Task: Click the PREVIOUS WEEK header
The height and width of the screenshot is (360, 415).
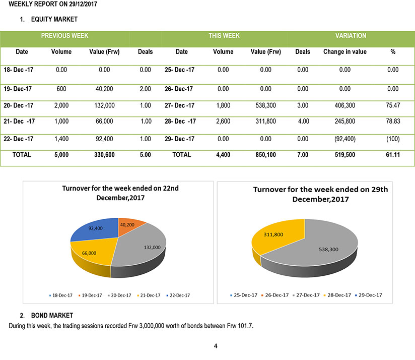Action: click(64, 36)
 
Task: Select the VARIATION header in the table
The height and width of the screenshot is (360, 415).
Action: click(351, 36)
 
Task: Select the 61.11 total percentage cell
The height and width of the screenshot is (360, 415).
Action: click(393, 155)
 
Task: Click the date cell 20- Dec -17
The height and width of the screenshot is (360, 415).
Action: click(18, 105)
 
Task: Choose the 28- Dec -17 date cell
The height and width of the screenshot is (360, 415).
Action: click(180, 122)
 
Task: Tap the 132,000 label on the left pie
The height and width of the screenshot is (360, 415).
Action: click(152, 248)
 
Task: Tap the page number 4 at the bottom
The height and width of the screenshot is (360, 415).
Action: click(216, 346)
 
